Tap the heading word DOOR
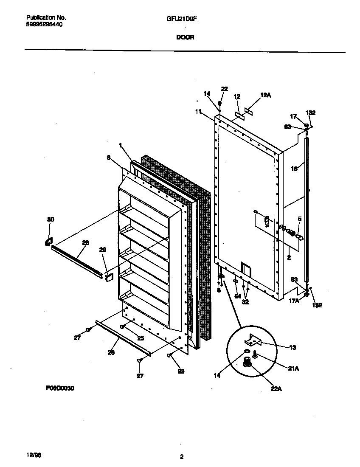tap(185, 37)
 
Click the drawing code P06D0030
tap(58, 388)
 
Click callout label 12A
tap(265, 96)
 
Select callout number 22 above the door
tap(224, 89)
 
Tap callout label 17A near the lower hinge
tap(293, 301)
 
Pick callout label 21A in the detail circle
tap(293, 369)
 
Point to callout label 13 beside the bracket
tap(292, 347)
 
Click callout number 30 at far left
tap(51, 219)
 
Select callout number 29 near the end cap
tap(102, 250)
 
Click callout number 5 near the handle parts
tap(299, 219)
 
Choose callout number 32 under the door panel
tap(245, 302)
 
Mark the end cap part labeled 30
tap(48, 242)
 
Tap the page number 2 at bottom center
tap(182, 457)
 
